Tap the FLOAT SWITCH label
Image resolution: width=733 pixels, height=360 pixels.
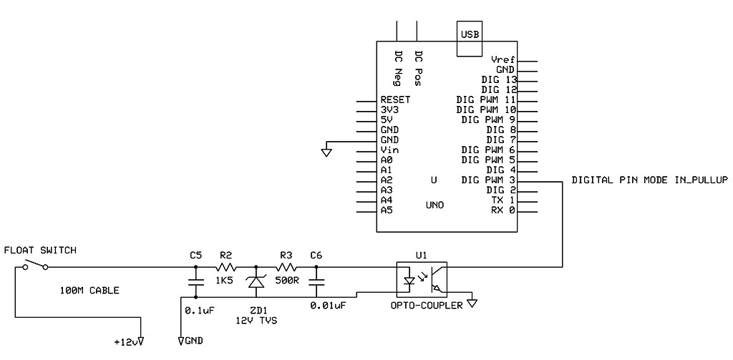point(40,250)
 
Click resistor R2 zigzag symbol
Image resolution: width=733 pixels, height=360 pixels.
point(225,267)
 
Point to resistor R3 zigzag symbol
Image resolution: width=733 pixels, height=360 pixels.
point(286,267)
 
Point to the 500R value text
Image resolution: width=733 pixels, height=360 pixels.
point(286,280)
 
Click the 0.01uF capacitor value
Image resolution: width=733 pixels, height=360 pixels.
point(329,305)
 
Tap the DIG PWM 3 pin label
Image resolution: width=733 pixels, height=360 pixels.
point(489,180)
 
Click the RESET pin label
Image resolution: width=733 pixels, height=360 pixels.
point(395,99)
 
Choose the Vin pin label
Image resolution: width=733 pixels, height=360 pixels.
point(390,150)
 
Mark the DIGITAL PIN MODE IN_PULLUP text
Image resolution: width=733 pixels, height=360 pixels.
point(649,180)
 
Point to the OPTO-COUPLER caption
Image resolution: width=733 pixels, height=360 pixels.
point(422,306)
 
